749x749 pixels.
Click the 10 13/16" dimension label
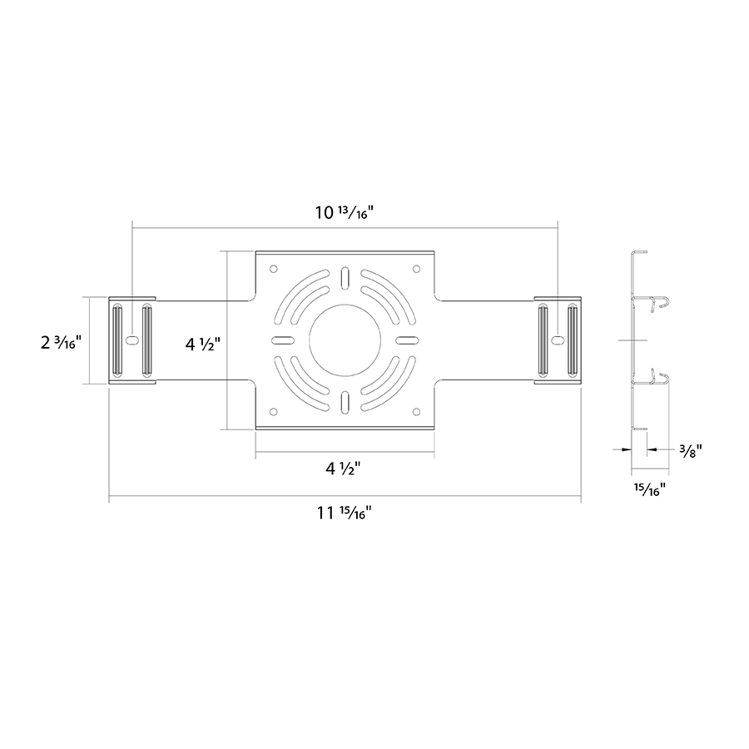click(x=344, y=212)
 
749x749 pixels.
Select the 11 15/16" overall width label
click(x=344, y=513)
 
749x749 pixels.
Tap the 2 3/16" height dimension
click(x=62, y=342)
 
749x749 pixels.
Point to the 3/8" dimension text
click(x=690, y=450)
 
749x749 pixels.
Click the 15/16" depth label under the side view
click(x=650, y=489)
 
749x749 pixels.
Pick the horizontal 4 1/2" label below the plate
click(x=343, y=469)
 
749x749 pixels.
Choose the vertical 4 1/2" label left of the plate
click(x=203, y=344)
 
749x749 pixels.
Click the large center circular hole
click(x=345, y=340)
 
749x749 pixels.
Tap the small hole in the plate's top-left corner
click(x=273, y=269)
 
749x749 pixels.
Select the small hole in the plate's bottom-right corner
click(x=416, y=411)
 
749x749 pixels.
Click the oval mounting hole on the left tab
click(x=131, y=340)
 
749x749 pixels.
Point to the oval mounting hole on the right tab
click(x=558, y=340)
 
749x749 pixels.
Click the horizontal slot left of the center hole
click(x=282, y=340)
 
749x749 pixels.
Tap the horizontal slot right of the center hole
click(x=408, y=340)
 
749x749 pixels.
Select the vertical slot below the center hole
click(x=345, y=402)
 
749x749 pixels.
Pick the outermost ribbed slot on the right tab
click(x=573, y=340)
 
